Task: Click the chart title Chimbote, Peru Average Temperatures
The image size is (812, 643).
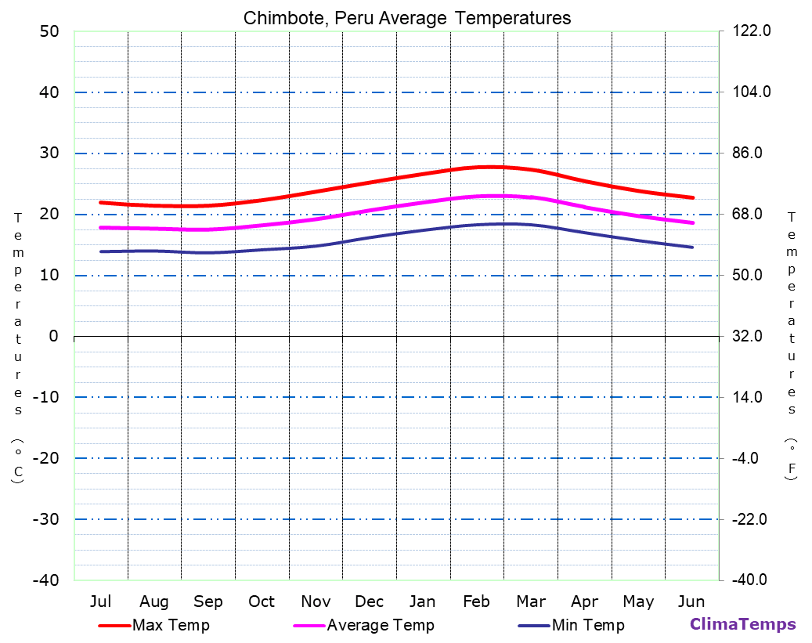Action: (x=407, y=18)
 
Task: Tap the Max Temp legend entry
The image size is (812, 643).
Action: (x=170, y=625)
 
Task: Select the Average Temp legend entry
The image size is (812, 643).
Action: (x=380, y=625)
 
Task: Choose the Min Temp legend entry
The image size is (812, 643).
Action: (x=587, y=625)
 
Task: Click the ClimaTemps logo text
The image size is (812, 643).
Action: (x=742, y=624)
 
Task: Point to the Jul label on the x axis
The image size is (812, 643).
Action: (x=100, y=601)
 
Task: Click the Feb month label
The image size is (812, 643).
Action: (x=476, y=601)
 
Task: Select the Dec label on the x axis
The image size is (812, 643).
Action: (x=369, y=601)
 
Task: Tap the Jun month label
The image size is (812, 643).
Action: (x=691, y=601)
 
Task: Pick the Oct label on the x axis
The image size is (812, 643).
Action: (x=262, y=601)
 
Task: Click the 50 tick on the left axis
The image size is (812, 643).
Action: (x=49, y=31)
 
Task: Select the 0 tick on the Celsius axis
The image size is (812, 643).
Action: (x=53, y=336)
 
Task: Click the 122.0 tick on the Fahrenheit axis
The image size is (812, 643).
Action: (x=752, y=31)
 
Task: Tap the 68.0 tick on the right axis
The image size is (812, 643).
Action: (x=752, y=214)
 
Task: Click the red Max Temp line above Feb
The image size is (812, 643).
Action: (x=477, y=168)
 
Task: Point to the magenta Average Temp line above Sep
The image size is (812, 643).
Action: (x=208, y=229)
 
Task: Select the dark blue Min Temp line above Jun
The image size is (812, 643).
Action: (x=691, y=247)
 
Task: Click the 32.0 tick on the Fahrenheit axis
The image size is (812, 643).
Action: (x=752, y=336)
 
